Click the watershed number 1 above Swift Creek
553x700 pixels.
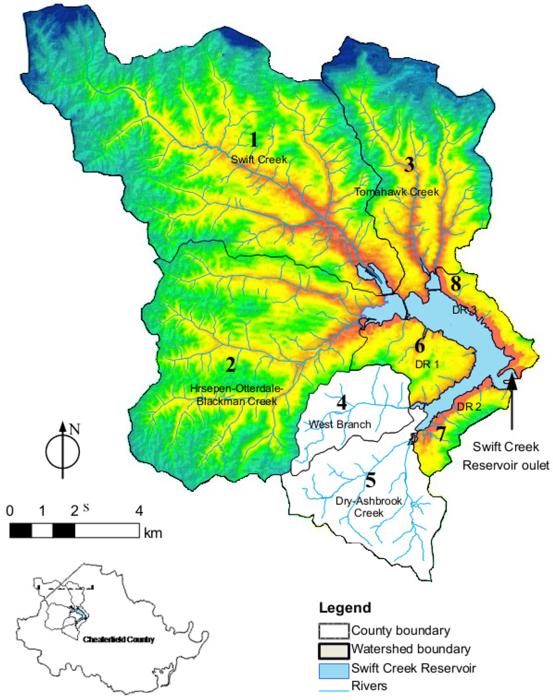253,140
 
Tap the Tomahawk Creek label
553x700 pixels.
397,192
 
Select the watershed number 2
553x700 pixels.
231,365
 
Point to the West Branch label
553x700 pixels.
340,424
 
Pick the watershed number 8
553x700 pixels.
456,283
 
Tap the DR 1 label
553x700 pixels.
427,364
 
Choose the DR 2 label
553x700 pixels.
469,406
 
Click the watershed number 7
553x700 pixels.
441,433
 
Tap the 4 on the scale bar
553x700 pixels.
139,510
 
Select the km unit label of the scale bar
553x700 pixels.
153,533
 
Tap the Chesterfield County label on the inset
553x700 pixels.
119,640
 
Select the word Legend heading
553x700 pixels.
345,608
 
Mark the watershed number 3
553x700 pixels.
409,165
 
